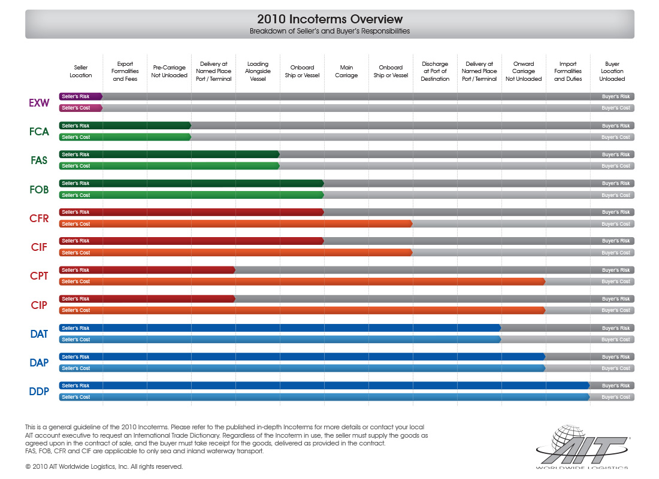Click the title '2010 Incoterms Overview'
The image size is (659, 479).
329,19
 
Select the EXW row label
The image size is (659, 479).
39,102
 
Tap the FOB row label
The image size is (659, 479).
39,189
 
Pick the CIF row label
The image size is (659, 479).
39,247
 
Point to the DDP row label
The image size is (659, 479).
39,392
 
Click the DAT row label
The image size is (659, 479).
39,334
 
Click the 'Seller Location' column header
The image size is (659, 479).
81,72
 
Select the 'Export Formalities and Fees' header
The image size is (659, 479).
125,71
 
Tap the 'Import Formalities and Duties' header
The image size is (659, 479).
567,71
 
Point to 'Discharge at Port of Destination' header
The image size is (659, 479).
435,71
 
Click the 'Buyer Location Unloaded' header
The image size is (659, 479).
612,71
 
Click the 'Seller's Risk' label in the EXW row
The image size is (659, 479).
75,96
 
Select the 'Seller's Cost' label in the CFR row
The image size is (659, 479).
75,224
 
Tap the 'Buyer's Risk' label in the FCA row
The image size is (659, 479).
616,126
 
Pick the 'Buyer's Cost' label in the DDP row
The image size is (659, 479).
616,397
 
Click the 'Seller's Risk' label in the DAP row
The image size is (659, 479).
75,357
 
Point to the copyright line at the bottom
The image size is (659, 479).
104,466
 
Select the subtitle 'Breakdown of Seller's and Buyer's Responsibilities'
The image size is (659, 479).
329,31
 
